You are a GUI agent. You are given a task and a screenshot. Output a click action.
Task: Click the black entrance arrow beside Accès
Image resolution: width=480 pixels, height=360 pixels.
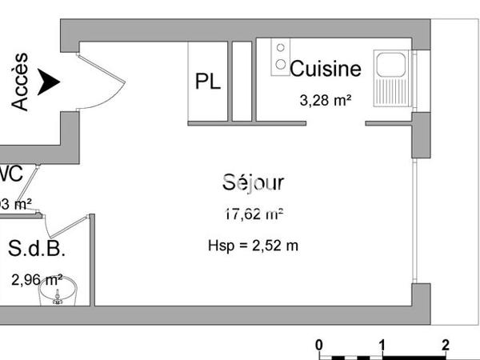point(49,81)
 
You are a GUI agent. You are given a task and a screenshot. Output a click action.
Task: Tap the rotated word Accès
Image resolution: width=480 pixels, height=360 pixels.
point(20,82)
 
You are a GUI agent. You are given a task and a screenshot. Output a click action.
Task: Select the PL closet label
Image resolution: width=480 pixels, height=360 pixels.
point(208,82)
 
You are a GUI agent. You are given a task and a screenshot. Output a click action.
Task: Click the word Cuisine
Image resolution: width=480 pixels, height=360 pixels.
point(326,69)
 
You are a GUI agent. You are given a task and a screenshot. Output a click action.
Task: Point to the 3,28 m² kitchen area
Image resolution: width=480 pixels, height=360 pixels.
point(326,100)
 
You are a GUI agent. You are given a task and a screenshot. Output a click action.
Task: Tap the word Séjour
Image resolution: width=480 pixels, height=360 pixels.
point(254,182)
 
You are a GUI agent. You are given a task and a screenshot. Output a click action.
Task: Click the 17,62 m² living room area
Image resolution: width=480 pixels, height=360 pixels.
point(254,214)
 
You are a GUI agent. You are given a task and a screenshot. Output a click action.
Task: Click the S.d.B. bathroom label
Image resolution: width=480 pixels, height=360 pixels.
point(37,249)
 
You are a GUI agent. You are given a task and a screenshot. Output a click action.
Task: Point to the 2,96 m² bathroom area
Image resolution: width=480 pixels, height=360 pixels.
point(37,280)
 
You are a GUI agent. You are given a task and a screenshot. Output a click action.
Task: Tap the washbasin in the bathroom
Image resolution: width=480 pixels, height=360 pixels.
point(58,293)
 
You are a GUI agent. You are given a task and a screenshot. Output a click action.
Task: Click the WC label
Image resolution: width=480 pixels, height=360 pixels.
point(10,173)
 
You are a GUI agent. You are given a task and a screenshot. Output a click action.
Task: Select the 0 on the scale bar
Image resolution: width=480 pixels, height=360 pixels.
point(319,345)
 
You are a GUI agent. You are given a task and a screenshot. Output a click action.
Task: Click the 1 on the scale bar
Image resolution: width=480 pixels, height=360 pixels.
point(382,345)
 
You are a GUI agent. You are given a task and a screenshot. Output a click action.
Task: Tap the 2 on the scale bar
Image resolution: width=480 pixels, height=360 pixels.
point(446,345)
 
